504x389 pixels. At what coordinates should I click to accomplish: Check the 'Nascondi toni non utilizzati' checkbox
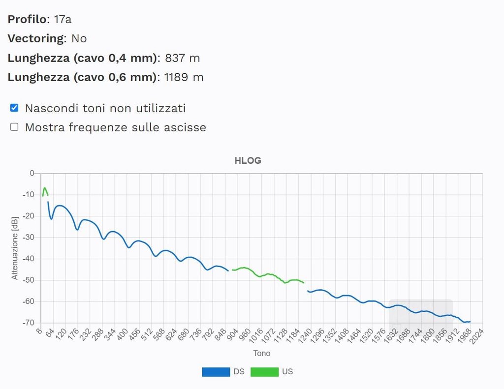pos(14,108)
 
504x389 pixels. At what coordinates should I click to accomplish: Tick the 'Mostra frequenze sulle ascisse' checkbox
pos(14,127)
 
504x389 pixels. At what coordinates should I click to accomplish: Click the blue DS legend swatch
pos(216,372)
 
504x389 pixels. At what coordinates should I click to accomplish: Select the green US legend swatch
pos(264,372)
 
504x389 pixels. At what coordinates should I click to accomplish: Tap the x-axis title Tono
pos(261,353)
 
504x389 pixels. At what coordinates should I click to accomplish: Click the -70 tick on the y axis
pos(28,323)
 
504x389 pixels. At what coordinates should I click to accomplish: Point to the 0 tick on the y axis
pos(32,173)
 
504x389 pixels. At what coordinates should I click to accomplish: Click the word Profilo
pos(28,20)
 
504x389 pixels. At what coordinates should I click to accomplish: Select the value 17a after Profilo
pos(63,20)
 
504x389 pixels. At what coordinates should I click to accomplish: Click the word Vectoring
pos(36,38)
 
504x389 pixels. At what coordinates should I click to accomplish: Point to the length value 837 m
pos(182,58)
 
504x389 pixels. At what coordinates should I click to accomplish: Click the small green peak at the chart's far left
pos(45,188)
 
